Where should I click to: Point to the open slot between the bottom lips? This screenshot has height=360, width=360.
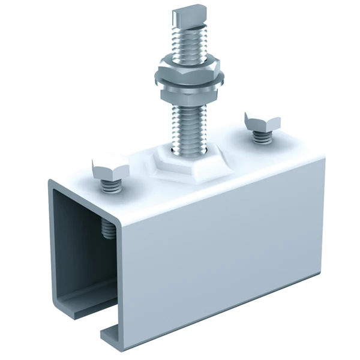pos(99,321)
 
